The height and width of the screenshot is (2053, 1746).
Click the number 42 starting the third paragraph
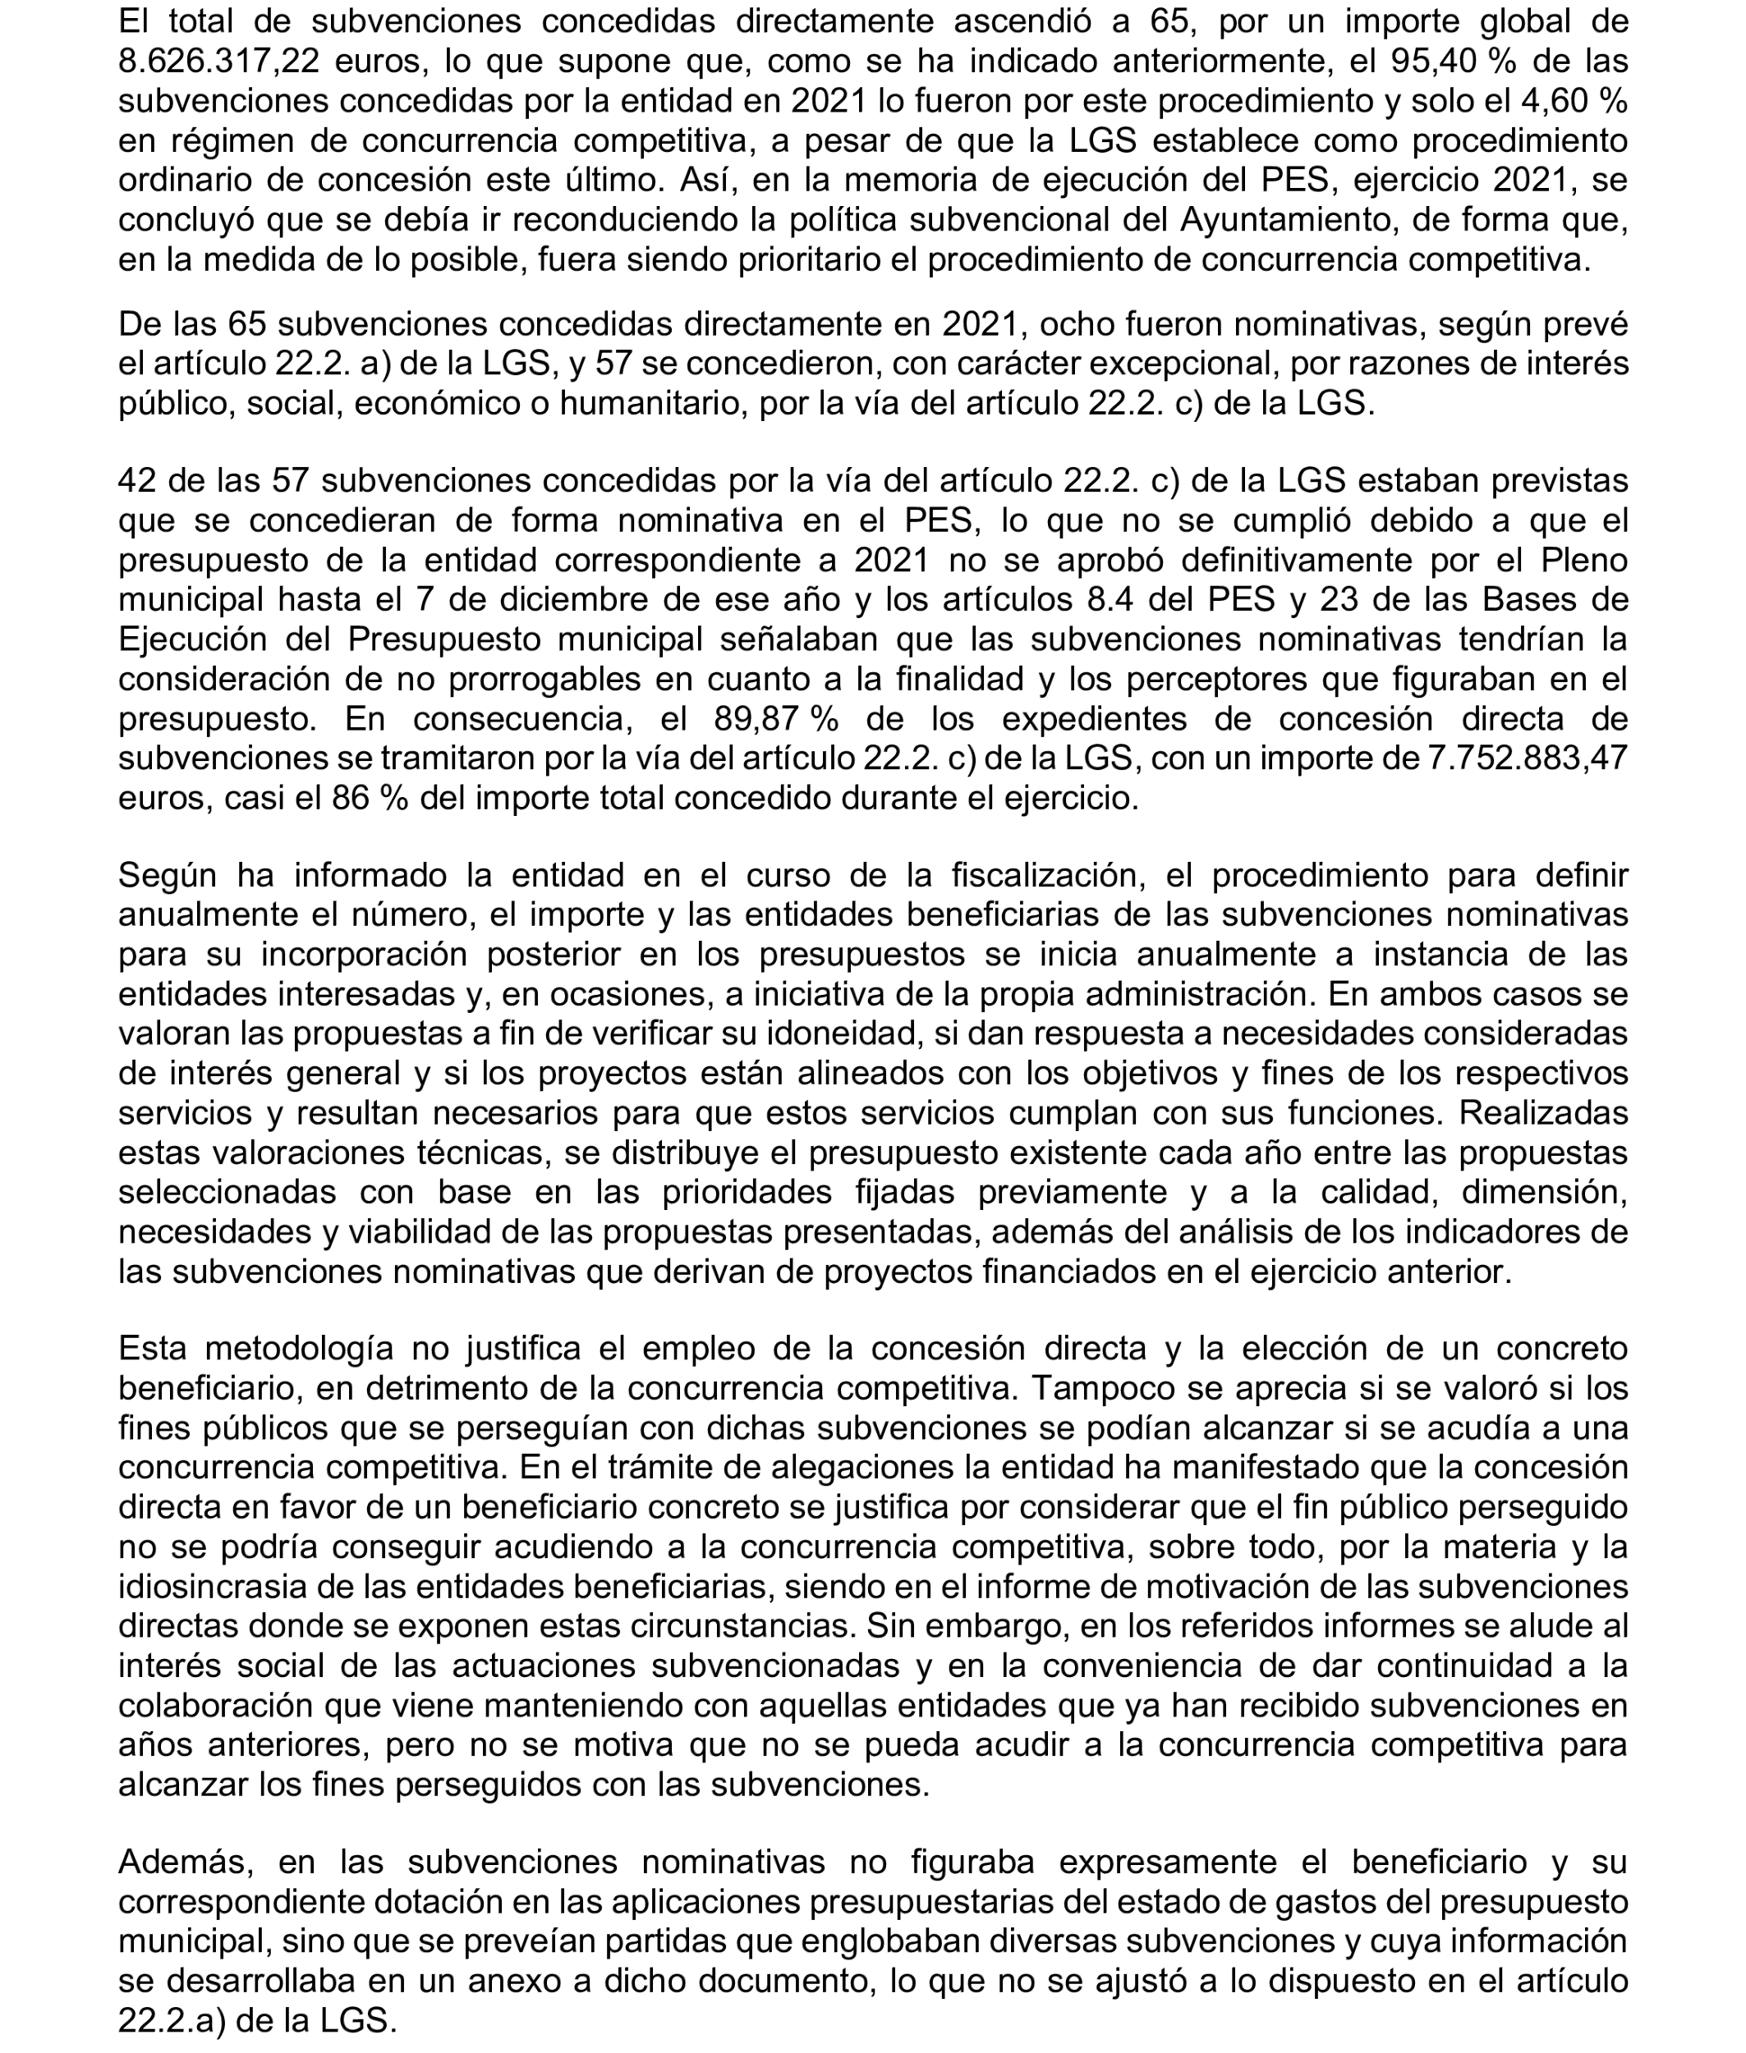[138, 481]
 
